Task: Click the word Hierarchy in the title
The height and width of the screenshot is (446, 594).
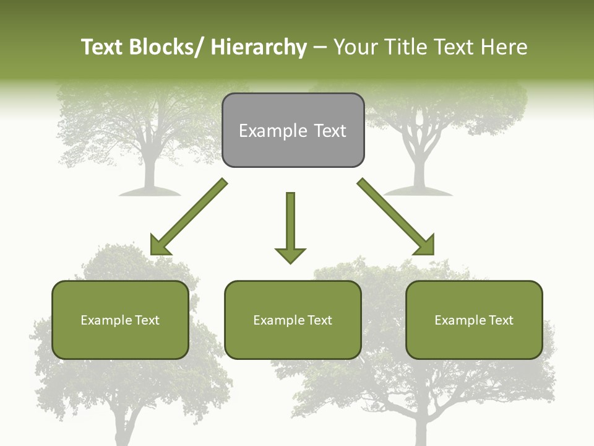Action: [x=259, y=47]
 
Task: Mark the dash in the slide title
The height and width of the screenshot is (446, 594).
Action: [x=320, y=47]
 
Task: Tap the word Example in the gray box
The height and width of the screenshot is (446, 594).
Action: [x=264, y=131]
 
